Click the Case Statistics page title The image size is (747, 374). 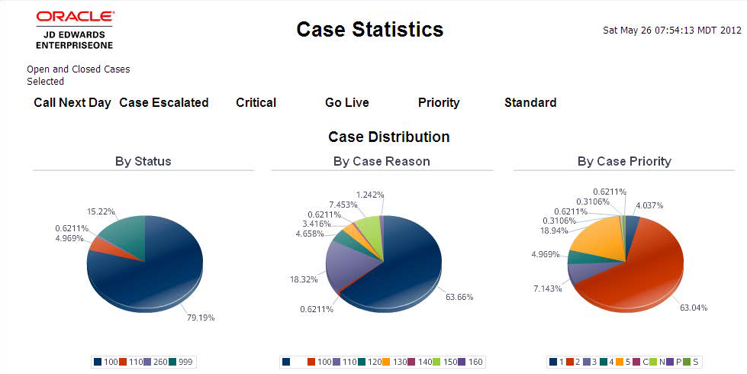click(x=369, y=29)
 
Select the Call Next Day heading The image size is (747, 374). click(x=72, y=102)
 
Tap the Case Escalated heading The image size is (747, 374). click(x=163, y=102)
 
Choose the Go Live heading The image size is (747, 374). click(x=346, y=102)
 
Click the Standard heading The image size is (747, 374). click(x=530, y=102)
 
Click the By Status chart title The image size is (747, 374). click(x=143, y=161)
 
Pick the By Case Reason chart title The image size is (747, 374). click(x=381, y=161)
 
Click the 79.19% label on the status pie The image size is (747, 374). click(x=201, y=317)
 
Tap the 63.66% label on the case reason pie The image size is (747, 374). click(x=459, y=296)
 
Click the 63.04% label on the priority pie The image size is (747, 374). click(x=694, y=308)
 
